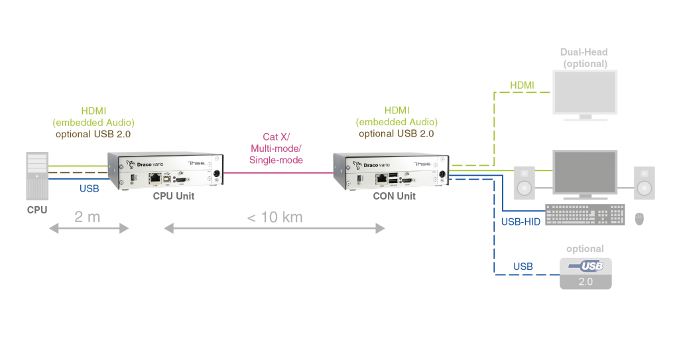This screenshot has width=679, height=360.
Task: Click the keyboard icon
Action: [x=584, y=215]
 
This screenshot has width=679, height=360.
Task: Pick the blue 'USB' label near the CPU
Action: [x=89, y=189]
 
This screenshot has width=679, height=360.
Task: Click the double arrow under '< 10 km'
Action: [x=273, y=229]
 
